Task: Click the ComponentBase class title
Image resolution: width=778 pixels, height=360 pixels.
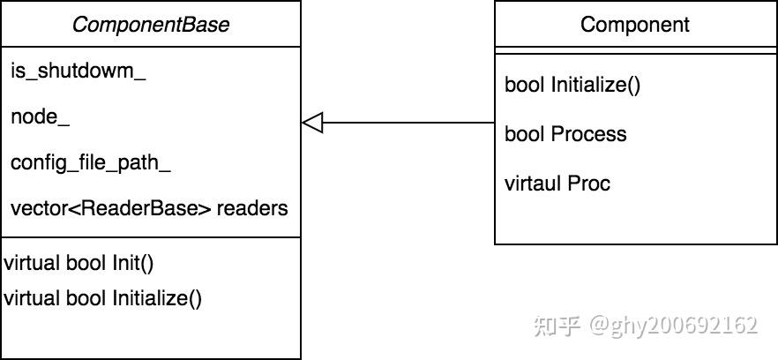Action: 150,24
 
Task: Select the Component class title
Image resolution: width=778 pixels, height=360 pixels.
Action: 635,24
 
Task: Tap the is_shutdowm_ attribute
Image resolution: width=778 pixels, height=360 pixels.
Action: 78,72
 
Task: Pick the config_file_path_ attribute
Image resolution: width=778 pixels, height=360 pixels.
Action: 90,163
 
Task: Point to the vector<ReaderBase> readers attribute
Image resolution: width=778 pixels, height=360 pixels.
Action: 149,209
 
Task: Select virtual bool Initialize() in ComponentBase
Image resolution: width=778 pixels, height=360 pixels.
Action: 102,298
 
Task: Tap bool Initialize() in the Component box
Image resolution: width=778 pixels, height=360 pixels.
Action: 572,85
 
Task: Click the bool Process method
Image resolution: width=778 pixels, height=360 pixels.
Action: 565,134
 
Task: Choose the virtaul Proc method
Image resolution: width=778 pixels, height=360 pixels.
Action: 557,184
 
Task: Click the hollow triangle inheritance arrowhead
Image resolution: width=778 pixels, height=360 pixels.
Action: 313,123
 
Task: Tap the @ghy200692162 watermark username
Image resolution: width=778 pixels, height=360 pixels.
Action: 674,326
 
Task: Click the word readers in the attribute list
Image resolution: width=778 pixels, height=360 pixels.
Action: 252,209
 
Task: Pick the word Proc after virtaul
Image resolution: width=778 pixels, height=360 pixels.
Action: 589,184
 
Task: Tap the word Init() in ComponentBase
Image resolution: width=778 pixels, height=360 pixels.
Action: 133,262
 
